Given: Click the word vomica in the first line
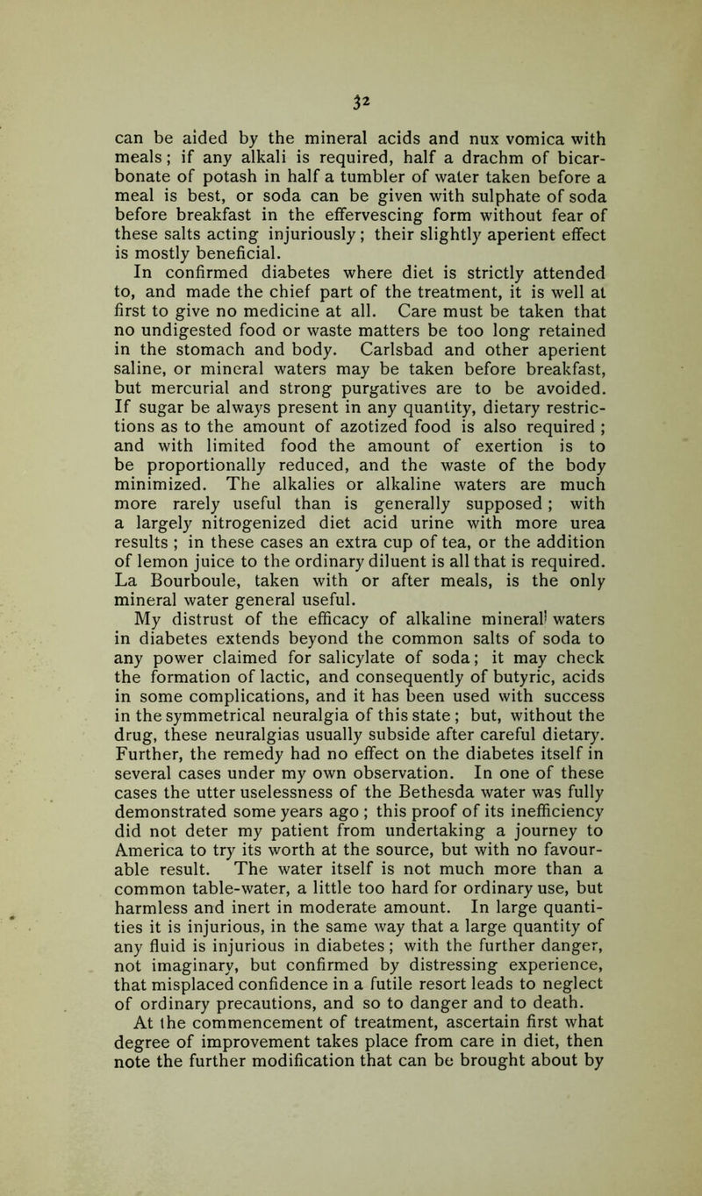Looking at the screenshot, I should click(505, 88).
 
